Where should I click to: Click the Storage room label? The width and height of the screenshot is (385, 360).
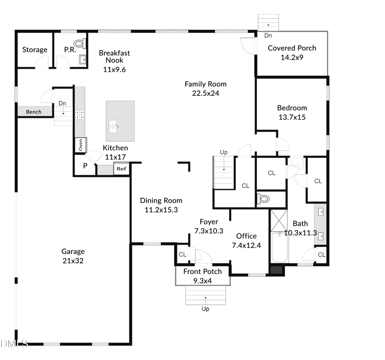(35, 50)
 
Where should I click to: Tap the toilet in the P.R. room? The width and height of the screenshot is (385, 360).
(79, 43)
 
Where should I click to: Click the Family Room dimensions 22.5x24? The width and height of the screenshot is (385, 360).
(205, 93)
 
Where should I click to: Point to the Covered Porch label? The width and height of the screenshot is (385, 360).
(292, 48)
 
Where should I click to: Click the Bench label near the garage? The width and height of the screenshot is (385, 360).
(34, 112)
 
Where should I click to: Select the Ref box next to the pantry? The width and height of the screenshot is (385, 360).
(121, 169)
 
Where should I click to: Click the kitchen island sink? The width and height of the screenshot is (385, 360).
(114, 127)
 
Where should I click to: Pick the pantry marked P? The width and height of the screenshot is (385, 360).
(85, 166)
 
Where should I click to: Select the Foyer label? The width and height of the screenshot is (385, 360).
(209, 222)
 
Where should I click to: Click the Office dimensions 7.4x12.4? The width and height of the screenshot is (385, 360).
(246, 245)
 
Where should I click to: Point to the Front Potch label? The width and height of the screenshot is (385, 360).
(203, 271)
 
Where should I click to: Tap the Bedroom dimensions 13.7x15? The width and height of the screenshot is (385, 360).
(292, 117)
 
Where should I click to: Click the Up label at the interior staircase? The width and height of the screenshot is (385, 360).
(223, 152)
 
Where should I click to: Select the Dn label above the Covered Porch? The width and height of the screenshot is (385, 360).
(268, 36)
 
